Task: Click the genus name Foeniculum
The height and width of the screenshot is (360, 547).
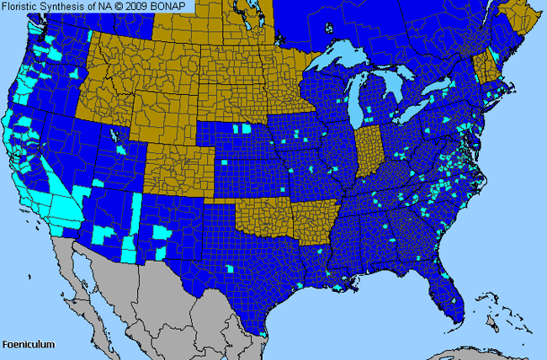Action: click(x=28, y=345)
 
